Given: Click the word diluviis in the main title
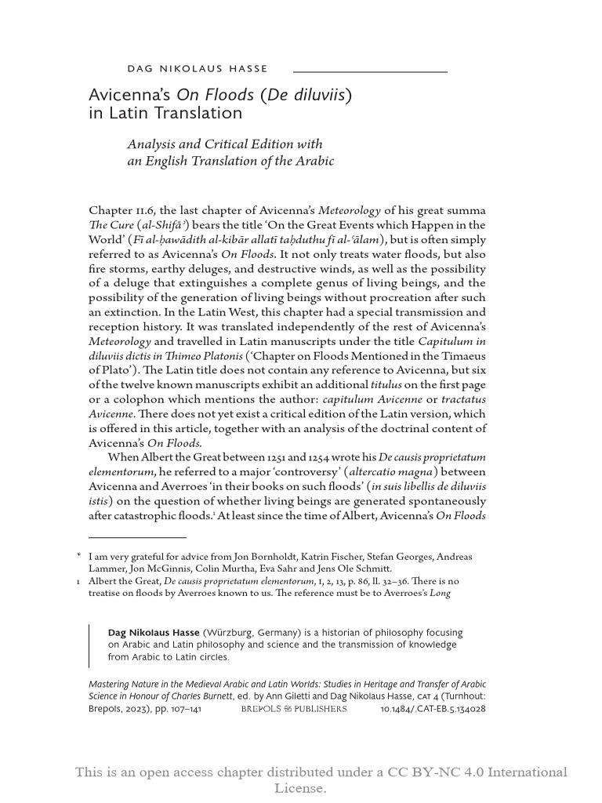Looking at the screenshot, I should click(317, 96).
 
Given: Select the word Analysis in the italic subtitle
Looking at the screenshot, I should click(156, 144).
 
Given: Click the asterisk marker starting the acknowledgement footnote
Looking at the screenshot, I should click(79, 556).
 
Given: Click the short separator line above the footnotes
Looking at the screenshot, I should click(137, 537).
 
